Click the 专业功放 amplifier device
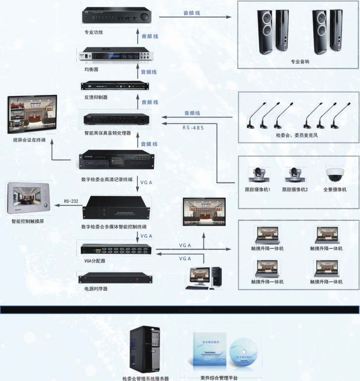point(117,16)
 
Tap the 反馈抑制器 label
point(96,97)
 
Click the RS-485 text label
point(193,128)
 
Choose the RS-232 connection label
point(71,201)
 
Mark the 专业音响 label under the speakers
point(300,62)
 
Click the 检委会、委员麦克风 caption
point(297,135)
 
